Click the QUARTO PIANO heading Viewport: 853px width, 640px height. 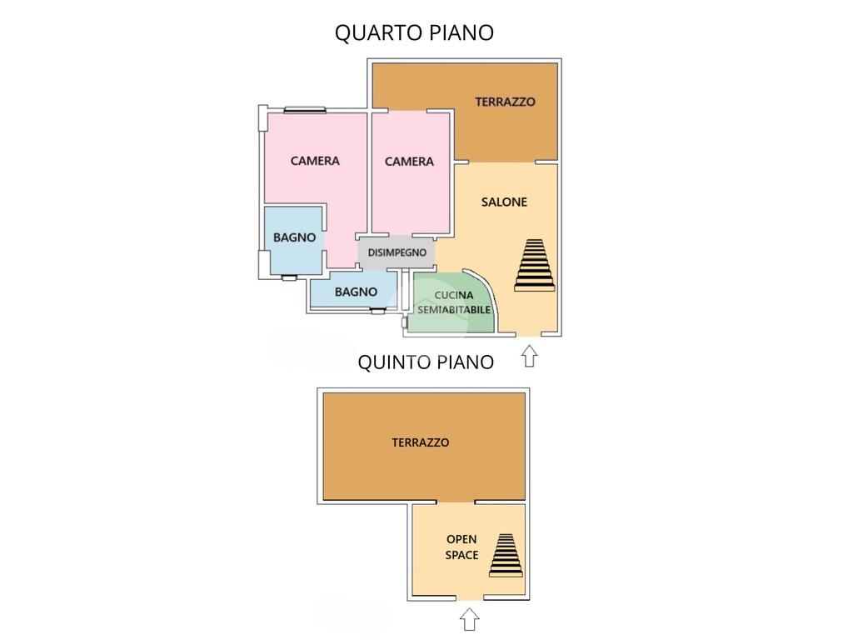click(x=414, y=32)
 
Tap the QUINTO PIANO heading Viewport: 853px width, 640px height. click(x=426, y=362)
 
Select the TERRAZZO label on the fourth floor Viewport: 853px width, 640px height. click(x=505, y=102)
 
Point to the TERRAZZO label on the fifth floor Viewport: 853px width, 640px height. click(x=420, y=442)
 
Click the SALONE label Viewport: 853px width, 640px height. click(x=504, y=202)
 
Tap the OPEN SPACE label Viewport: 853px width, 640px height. click(x=461, y=547)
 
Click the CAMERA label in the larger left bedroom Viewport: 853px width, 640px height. click(x=315, y=160)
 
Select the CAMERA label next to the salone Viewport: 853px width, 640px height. click(x=409, y=161)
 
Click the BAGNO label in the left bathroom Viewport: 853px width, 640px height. click(x=295, y=237)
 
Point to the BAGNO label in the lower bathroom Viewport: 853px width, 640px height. click(x=356, y=292)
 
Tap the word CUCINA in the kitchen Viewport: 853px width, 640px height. click(x=454, y=295)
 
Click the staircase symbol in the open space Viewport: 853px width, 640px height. click(x=506, y=554)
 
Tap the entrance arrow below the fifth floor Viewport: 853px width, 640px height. click(x=470, y=619)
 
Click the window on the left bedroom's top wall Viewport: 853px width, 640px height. click(x=304, y=109)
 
